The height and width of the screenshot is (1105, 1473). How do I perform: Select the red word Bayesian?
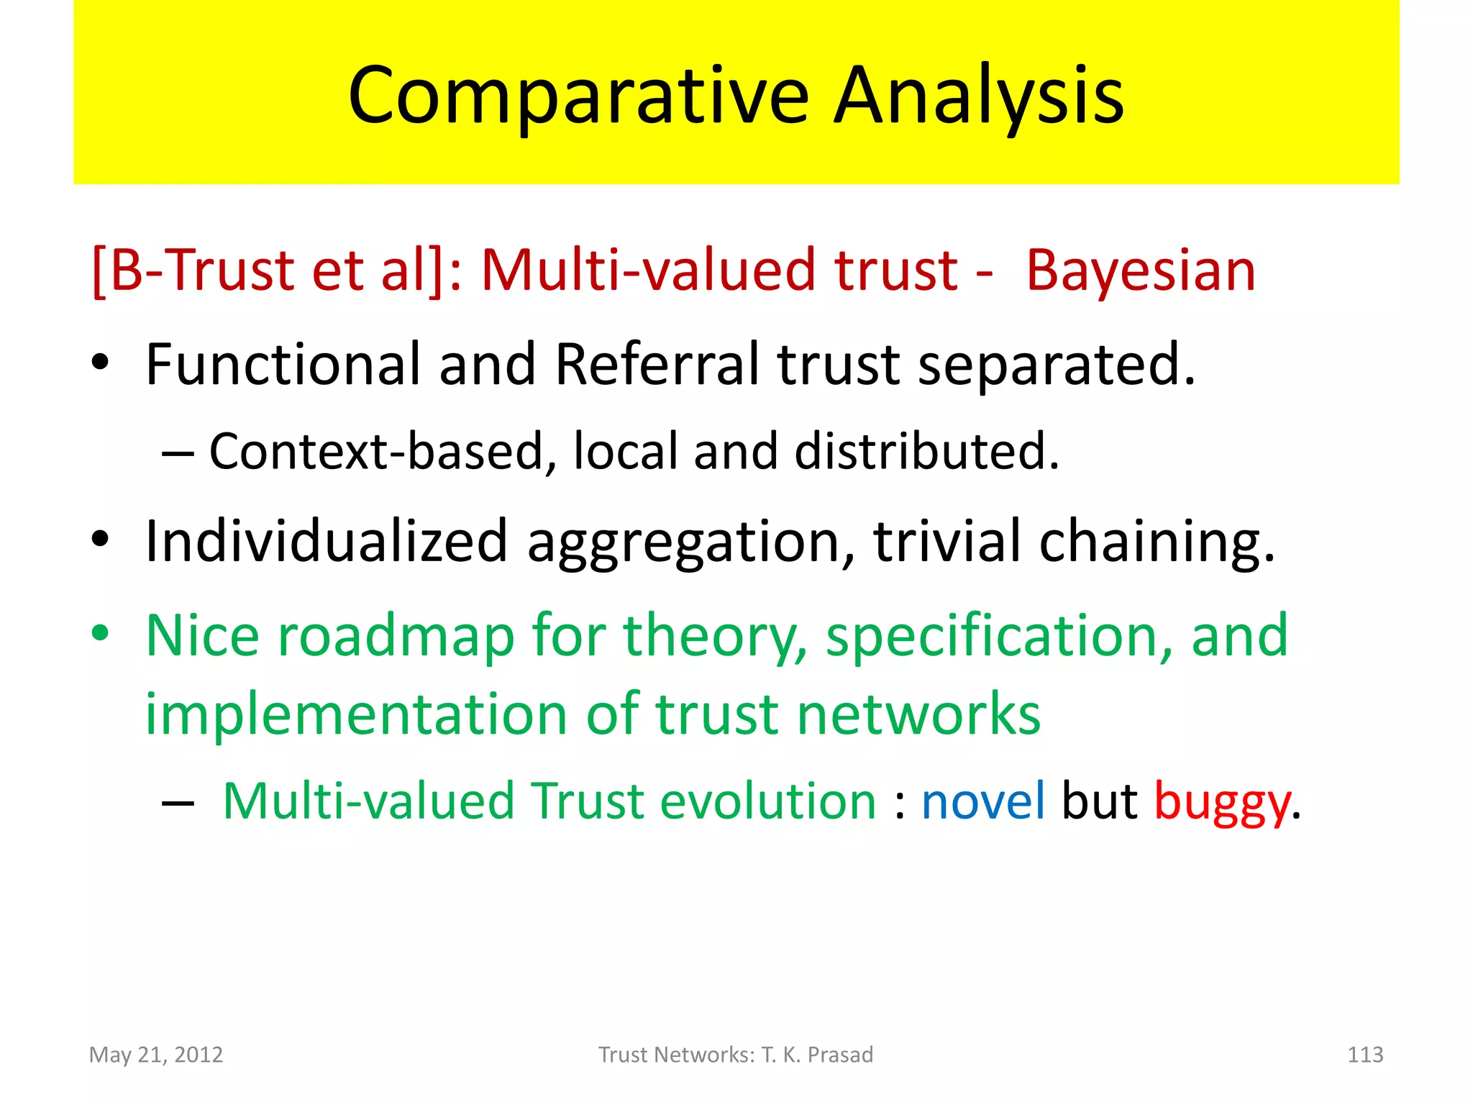(x=1140, y=271)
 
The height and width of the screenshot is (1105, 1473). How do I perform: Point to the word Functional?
(x=283, y=365)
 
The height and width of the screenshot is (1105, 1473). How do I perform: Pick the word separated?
(x=1056, y=365)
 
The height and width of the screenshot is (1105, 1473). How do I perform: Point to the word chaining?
(x=1157, y=541)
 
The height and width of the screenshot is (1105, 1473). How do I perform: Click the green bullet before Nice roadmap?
(x=101, y=633)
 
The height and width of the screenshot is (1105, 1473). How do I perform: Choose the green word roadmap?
(x=396, y=636)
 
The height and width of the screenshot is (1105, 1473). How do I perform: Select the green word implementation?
(x=357, y=714)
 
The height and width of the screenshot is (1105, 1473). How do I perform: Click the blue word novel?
(x=982, y=801)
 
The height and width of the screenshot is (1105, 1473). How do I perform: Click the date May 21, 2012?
(x=156, y=1055)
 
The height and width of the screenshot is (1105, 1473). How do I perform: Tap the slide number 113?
(x=1364, y=1055)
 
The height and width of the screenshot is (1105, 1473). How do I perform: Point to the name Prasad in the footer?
(x=840, y=1055)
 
